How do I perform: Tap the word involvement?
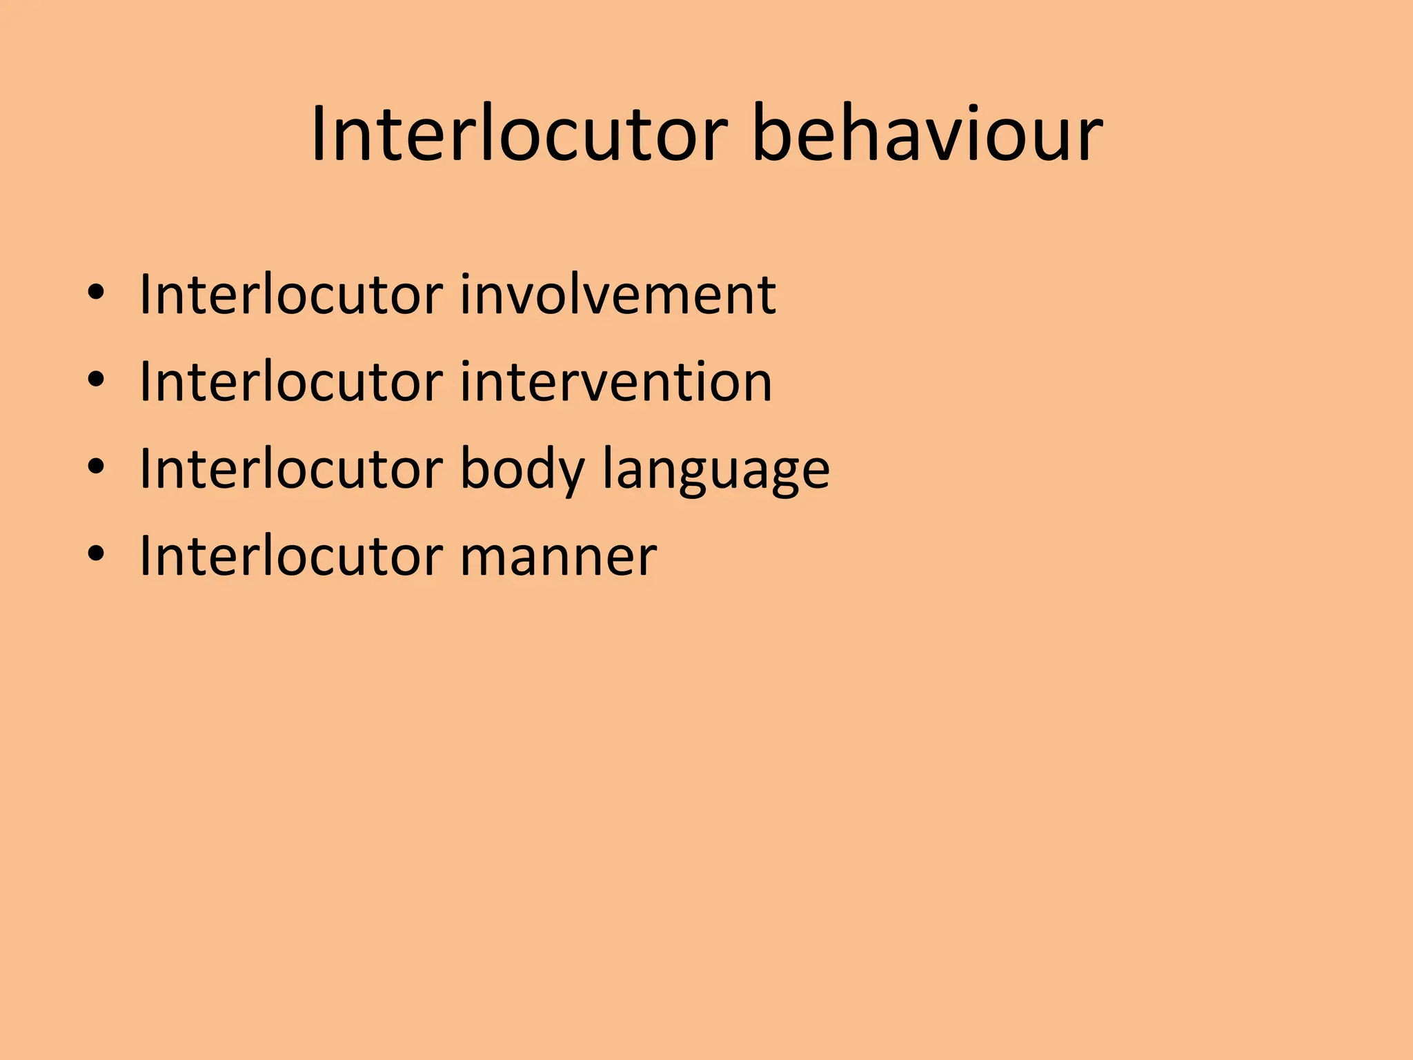(x=617, y=295)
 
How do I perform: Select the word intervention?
(x=615, y=382)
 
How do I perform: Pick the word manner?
(x=557, y=556)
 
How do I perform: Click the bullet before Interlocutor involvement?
(x=96, y=293)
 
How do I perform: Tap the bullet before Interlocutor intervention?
(x=96, y=380)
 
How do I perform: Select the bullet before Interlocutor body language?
(x=96, y=467)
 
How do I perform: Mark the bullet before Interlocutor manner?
(x=96, y=554)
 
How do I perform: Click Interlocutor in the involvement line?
(x=290, y=295)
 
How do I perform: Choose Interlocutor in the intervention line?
(x=290, y=382)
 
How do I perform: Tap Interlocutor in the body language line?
(x=290, y=469)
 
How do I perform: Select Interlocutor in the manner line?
(x=290, y=556)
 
